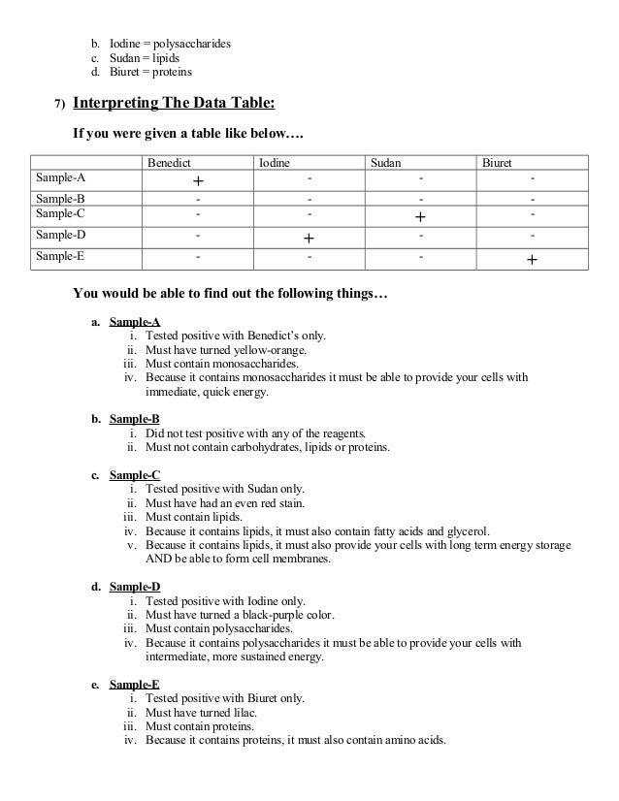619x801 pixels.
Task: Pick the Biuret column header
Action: [x=497, y=163]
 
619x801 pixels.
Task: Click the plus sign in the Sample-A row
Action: [x=197, y=181]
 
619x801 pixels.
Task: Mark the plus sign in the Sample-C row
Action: [x=420, y=216]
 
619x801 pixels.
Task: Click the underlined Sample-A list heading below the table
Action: [x=135, y=322]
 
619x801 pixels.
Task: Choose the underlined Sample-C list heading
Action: [x=135, y=475]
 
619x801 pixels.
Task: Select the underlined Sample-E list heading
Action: [x=135, y=684]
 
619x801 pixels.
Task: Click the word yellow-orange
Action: [x=265, y=350]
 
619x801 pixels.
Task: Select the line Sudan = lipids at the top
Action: [x=145, y=58]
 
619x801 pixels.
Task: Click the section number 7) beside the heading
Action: [x=59, y=105]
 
